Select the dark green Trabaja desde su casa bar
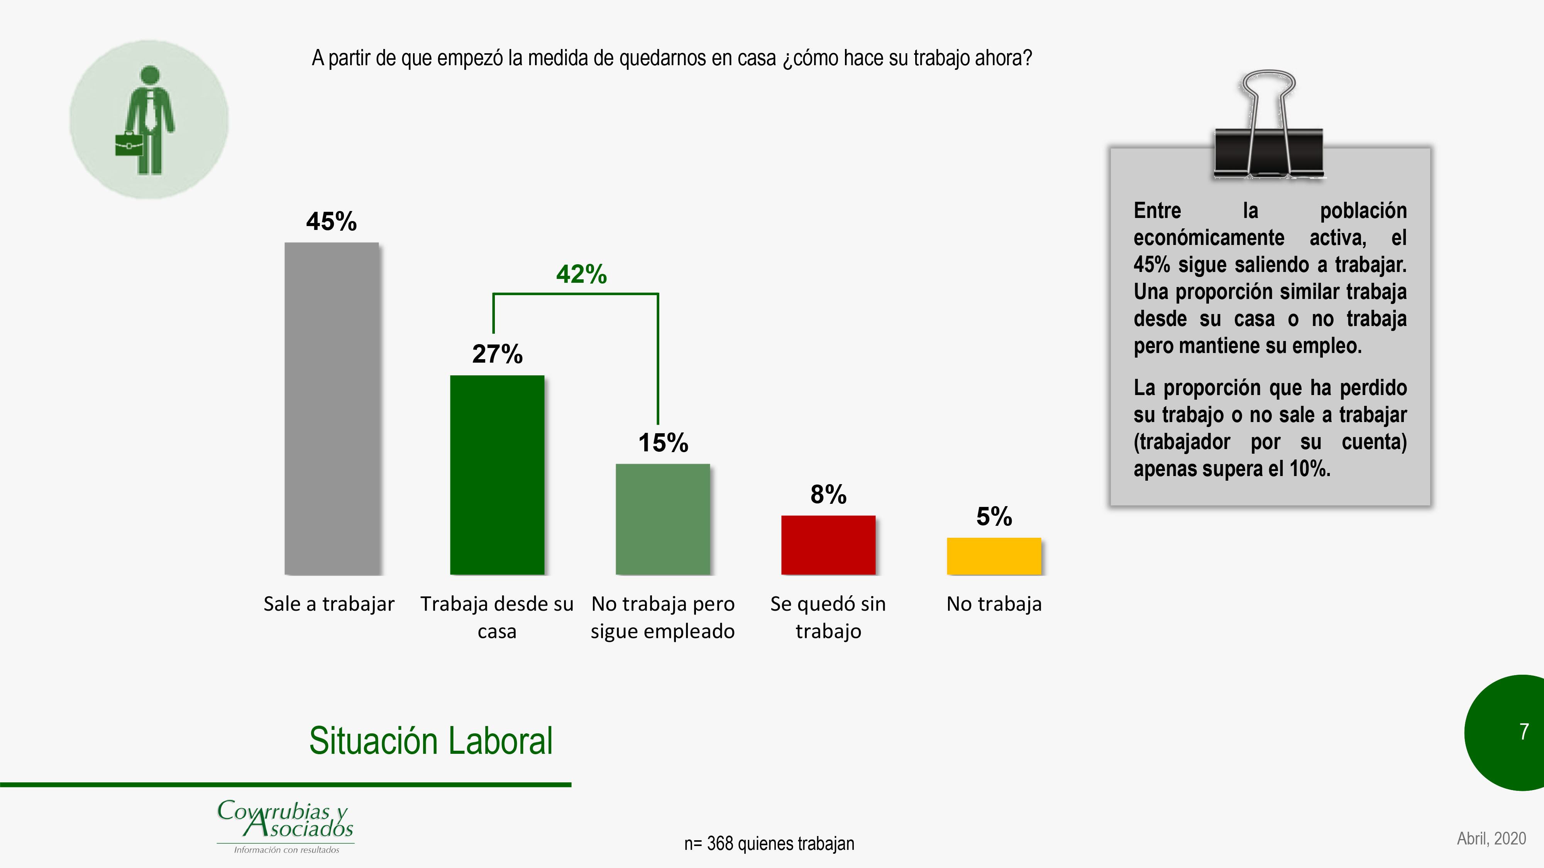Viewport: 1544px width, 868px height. click(497, 475)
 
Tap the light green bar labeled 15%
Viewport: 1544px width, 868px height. click(662, 519)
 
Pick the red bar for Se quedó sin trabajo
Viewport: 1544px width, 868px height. click(828, 545)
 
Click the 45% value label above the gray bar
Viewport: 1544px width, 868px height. click(332, 222)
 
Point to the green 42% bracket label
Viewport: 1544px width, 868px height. click(581, 274)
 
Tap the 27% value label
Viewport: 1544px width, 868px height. click(497, 354)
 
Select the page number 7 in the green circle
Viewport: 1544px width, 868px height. click(1524, 731)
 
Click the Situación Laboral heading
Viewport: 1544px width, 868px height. click(430, 741)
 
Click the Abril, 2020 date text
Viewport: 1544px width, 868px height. click(1491, 838)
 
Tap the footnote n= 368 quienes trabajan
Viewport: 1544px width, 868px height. click(769, 843)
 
